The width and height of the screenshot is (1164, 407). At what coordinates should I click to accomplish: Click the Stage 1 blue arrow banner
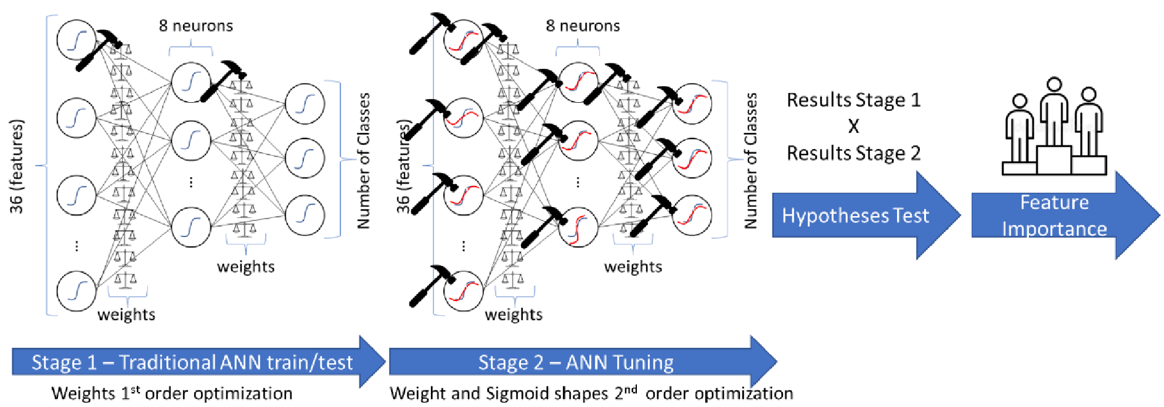[191, 362]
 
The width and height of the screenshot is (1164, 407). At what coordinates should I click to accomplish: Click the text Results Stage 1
[853, 100]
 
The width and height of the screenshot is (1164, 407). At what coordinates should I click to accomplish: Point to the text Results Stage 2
[853, 153]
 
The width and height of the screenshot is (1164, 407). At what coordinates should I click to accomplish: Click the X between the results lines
[853, 126]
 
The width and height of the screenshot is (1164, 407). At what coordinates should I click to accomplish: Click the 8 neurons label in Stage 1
[196, 26]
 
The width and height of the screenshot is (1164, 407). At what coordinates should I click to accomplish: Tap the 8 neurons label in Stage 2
[583, 26]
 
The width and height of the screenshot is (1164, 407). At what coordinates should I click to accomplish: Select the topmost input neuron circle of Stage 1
[76, 40]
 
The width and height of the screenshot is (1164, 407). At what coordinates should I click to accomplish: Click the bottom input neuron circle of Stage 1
[76, 291]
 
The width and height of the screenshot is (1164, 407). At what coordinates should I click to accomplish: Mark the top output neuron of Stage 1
[305, 103]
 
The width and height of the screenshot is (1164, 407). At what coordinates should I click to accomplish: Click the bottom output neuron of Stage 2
[692, 216]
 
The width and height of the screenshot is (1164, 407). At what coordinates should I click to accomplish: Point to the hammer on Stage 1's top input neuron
[99, 49]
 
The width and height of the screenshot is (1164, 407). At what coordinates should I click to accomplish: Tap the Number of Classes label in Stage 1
[364, 160]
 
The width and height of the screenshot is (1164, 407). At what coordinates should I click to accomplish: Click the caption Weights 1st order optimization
[171, 393]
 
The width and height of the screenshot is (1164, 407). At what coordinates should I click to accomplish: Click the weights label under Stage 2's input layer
[514, 315]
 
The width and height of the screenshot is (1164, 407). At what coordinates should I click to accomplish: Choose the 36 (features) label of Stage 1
[17, 166]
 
